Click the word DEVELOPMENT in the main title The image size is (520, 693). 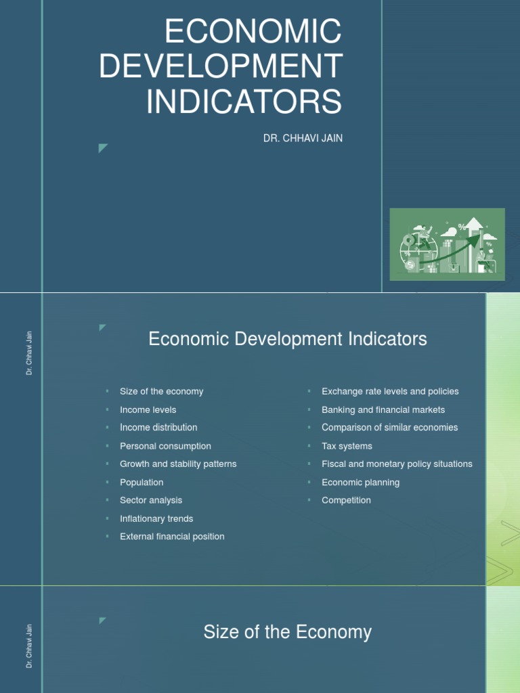click(221, 66)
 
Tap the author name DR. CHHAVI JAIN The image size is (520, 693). click(303, 139)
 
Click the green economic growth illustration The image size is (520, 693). click(447, 244)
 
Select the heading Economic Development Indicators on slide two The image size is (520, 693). click(288, 339)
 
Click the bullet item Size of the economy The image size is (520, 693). click(161, 391)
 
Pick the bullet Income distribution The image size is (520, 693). click(158, 428)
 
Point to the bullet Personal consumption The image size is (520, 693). click(165, 446)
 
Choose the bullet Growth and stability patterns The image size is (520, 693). click(178, 464)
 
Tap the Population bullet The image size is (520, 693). click(142, 483)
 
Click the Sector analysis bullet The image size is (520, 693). click(151, 500)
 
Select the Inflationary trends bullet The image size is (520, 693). click(156, 518)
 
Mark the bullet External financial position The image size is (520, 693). click(172, 537)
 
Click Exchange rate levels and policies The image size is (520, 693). click(390, 391)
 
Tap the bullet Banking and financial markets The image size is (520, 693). click(383, 409)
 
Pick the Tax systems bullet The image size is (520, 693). click(347, 446)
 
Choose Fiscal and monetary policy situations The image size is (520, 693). click(397, 464)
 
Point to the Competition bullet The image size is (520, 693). click(346, 500)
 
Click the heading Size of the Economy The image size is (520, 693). click(288, 632)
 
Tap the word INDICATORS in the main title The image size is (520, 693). click(244, 101)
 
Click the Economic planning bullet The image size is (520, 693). click(360, 483)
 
